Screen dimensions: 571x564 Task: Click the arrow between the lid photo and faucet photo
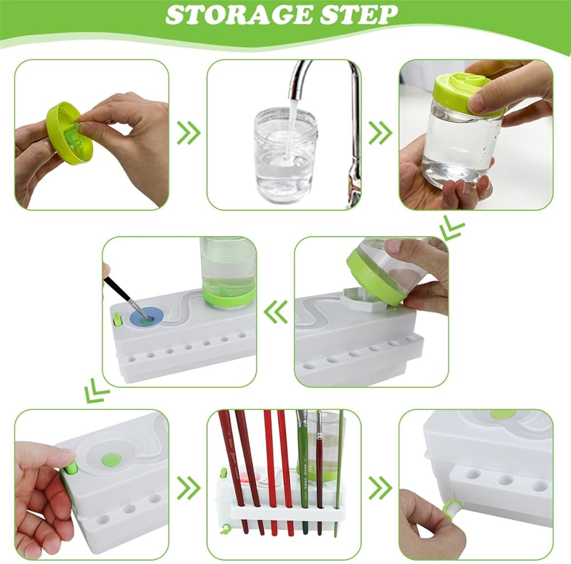pos(188,133)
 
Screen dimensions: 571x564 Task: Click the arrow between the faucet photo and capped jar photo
pos(380,133)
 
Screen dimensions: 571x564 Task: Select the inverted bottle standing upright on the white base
pos(227,272)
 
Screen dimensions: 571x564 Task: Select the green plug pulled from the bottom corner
pos(452,507)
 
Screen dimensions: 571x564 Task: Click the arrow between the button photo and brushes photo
pos(188,487)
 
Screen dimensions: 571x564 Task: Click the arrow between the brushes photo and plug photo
pos(380,487)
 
